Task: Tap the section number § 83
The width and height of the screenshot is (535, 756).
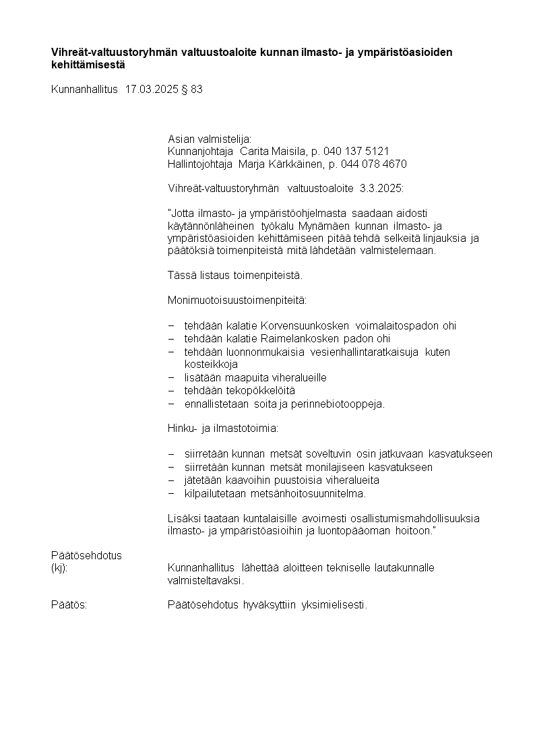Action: (x=192, y=89)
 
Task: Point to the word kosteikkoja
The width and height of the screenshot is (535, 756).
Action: (x=211, y=364)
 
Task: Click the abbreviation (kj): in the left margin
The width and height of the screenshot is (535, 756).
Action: (x=59, y=568)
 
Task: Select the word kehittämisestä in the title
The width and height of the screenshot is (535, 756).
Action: (x=88, y=65)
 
